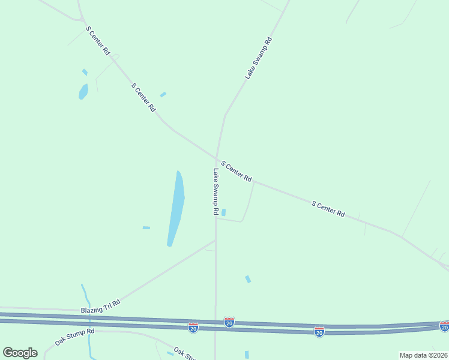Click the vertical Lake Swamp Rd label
pyautogui.click(x=214, y=192)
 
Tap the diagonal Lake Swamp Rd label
pyautogui.click(x=259, y=58)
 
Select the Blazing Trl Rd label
pyautogui.click(x=100, y=306)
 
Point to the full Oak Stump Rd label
pyautogui.click(x=74, y=336)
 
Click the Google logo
pyautogui.click(x=20, y=352)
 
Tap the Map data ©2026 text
pyautogui.click(x=423, y=355)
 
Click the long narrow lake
pyautogui.click(x=175, y=208)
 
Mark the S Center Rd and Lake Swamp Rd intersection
pyautogui.click(x=217, y=158)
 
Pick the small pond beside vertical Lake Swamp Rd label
pyautogui.click(x=223, y=212)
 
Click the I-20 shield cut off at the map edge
pyautogui.click(x=444, y=326)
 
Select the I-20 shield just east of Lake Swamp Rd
pyautogui.click(x=229, y=322)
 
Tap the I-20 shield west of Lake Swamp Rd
pyautogui.click(x=193, y=328)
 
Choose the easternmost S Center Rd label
pyautogui.click(x=328, y=209)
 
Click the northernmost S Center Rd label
pyautogui.click(x=98, y=41)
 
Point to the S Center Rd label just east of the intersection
pyautogui.click(x=236, y=171)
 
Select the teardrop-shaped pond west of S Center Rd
pyautogui.click(x=83, y=92)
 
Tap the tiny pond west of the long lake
pyautogui.click(x=146, y=227)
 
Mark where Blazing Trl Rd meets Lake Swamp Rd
pyautogui.click(x=215, y=241)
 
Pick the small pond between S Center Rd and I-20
pyautogui.click(x=247, y=279)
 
